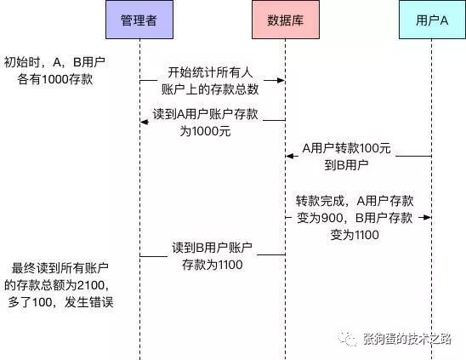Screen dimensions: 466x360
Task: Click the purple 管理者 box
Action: [x=139, y=20]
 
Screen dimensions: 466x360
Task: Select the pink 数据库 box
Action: [x=286, y=20]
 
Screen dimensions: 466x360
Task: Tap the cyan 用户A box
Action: [x=432, y=20]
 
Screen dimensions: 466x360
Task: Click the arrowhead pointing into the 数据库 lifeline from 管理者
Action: [x=281, y=80]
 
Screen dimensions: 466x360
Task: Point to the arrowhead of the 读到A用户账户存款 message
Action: [x=145, y=122]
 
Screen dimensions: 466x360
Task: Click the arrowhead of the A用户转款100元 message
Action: [x=290, y=156]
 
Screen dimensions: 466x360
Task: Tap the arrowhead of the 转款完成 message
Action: [x=428, y=218]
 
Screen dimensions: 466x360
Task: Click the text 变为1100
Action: [x=355, y=235]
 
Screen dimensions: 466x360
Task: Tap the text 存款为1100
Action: [x=213, y=265]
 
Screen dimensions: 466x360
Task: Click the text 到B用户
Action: [x=346, y=164]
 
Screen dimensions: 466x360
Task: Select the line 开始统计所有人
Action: [x=210, y=72]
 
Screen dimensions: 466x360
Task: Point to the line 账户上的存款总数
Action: [x=210, y=89]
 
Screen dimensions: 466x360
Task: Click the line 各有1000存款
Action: [x=55, y=79]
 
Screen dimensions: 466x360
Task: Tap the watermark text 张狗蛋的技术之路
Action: [x=407, y=339]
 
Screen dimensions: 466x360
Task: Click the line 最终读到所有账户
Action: [x=60, y=268]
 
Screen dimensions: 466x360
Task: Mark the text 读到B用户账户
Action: [x=213, y=248]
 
